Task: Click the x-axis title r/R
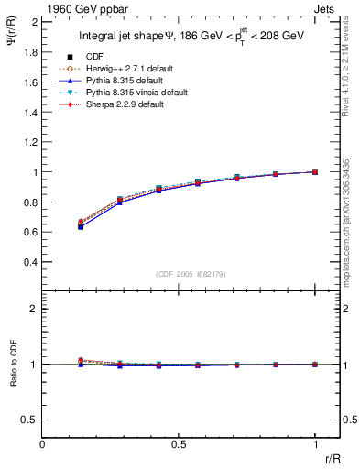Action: point(332,460)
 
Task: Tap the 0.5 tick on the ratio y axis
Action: point(29,420)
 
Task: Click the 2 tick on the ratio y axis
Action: point(34,310)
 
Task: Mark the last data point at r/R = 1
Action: point(315,171)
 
